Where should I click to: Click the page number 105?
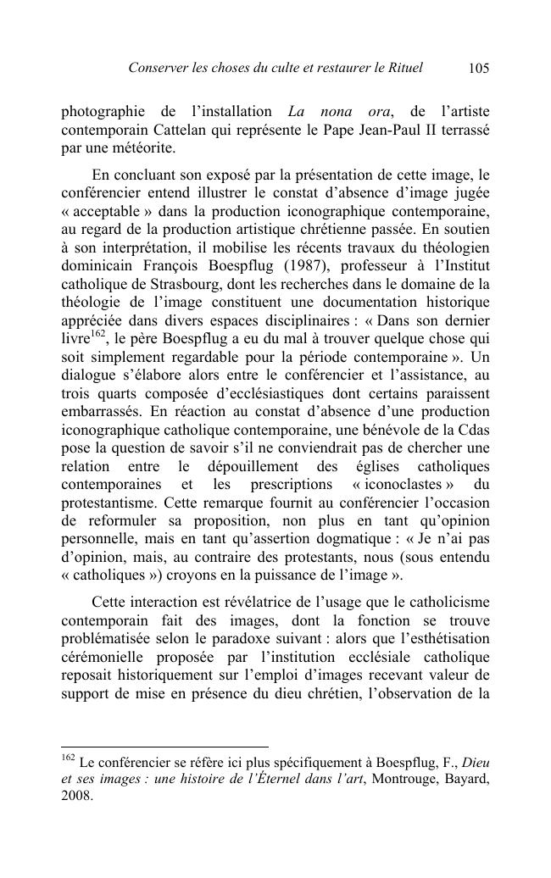pyautogui.click(x=478, y=69)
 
